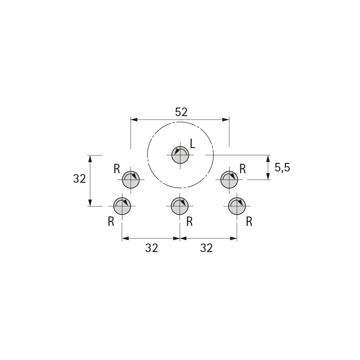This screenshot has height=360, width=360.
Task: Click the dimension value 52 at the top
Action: [x=181, y=112]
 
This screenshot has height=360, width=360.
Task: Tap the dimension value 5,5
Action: [x=282, y=167]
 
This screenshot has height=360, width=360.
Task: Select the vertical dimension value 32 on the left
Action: [x=80, y=179]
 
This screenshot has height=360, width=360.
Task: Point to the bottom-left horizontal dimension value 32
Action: [x=152, y=248]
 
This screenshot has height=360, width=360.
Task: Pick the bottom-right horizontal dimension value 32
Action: [x=207, y=248]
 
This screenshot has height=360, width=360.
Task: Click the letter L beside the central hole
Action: [x=193, y=144]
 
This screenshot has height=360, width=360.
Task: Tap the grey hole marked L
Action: [x=180, y=155]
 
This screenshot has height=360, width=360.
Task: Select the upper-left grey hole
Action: [x=130, y=180]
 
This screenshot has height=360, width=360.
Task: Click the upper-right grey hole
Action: [x=229, y=180]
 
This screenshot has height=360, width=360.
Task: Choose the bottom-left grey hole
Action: [x=122, y=206]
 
